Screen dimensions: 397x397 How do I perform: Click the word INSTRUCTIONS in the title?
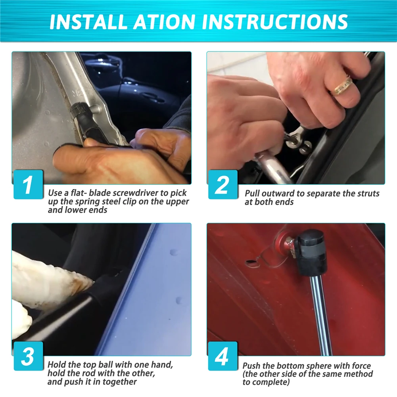pos(275,21)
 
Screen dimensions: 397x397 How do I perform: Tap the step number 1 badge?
pos(28,184)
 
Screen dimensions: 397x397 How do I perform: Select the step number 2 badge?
pos(223,184)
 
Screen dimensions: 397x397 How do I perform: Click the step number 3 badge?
pos(28,356)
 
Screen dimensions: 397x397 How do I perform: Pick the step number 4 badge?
pos(223,356)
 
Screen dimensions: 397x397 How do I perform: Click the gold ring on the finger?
pos(343,86)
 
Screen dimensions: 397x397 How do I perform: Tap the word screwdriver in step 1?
pos(135,193)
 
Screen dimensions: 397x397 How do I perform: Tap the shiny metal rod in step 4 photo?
pos(321,315)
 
